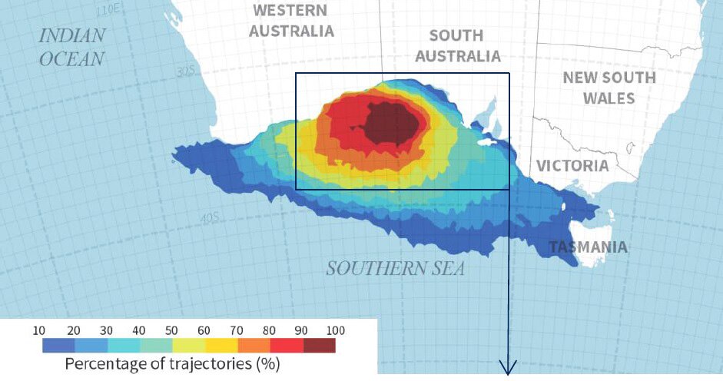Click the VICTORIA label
click(572, 166)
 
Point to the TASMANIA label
click(587, 247)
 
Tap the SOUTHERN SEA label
click(395, 269)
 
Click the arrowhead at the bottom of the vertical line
click(509, 368)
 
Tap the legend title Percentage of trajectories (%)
click(171, 363)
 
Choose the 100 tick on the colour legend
click(336, 330)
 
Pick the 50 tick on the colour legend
click(171, 330)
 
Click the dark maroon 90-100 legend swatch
click(319, 345)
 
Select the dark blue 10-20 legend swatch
click(58, 345)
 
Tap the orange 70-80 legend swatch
click(254, 345)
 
